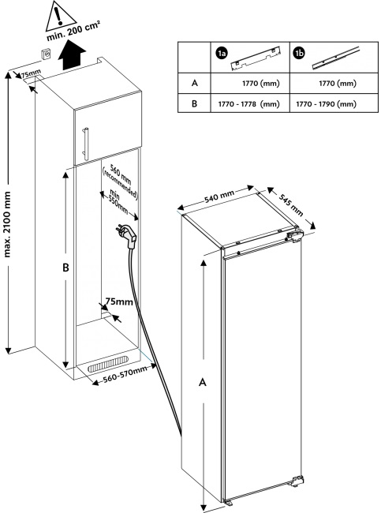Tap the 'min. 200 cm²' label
pyautogui.click(x=73, y=32)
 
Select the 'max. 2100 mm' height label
pyautogui.click(x=7, y=224)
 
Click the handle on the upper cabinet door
pyautogui.click(x=86, y=144)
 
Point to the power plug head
pyautogui.click(x=127, y=235)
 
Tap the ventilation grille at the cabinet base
pyautogui.click(x=108, y=364)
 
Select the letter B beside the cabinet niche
pyautogui.click(x=65, y=268)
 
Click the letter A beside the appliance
pyautogui.click(x=203, y=382)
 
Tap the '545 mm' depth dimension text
pyautogui.click(x=291, y=204)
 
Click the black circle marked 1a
pyautogui.click(x=222, y=54)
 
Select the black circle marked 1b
pyautogui.click(x=299, y=53)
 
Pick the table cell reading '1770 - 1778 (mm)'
pyautogui.click(x=250, y=103)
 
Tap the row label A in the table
pyautogui.click(x=195, y=83)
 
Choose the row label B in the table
pyautogui.click(x=195, y=103)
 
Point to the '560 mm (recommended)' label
pyautogui.click(x=121, y=182)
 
